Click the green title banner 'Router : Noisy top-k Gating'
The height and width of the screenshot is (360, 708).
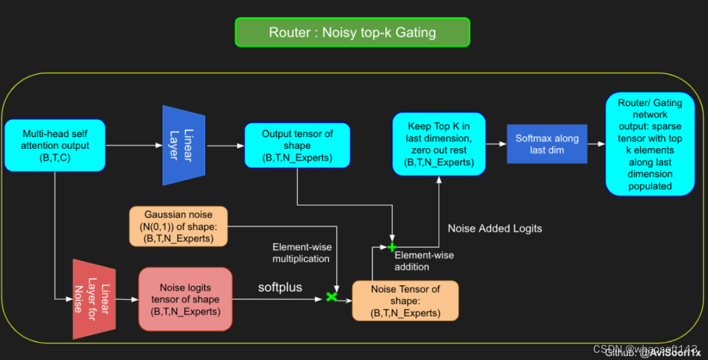352,32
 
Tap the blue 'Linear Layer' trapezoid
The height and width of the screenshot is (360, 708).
184,145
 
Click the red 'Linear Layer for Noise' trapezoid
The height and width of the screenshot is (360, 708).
93,299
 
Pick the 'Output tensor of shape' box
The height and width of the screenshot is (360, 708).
297,146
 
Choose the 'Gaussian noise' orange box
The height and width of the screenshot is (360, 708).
178,226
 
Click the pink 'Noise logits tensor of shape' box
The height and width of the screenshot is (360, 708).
185,299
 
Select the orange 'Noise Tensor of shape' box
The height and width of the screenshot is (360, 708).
405,301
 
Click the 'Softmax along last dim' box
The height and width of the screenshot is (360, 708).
547,144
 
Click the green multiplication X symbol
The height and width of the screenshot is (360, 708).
332,297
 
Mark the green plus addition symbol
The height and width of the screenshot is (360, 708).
392,247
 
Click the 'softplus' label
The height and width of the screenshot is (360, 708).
280,287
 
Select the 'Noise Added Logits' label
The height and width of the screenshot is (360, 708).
494,228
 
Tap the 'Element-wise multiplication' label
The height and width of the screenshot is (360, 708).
302,252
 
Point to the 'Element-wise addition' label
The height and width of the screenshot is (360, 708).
423,261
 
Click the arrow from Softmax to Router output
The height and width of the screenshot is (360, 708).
596,144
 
